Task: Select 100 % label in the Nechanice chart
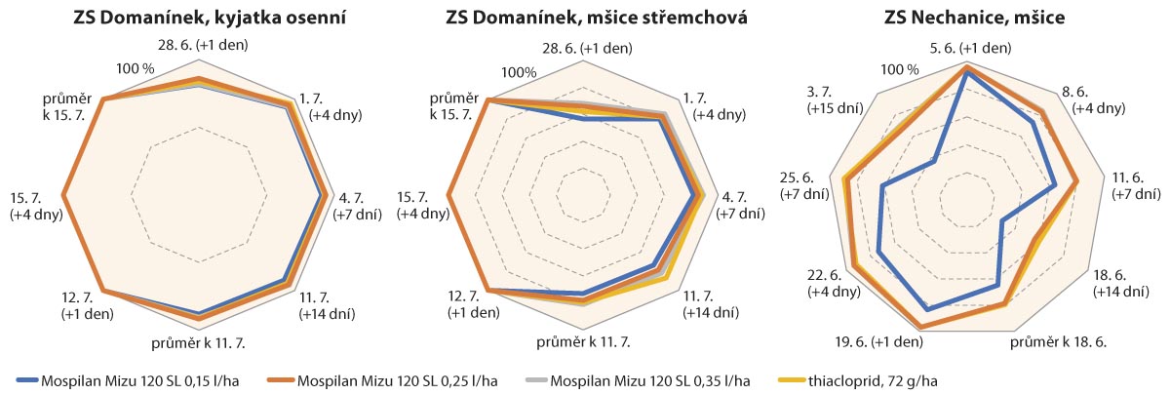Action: coord(898,69)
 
